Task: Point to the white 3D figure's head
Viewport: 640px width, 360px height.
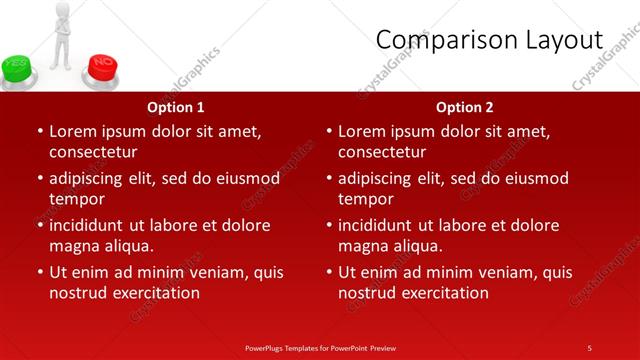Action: point(62,9)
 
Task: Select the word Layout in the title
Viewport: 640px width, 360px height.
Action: point(564,40)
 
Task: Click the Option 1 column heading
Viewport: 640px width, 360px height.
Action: point(176,107)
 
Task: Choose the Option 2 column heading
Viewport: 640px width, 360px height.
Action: point(465,107)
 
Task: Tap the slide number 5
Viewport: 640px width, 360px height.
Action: point(589,347)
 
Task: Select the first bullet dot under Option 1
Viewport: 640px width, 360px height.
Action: point(39,131)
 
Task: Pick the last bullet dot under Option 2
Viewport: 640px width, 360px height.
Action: point(328,272)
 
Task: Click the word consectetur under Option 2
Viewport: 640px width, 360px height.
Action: point(381,152)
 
